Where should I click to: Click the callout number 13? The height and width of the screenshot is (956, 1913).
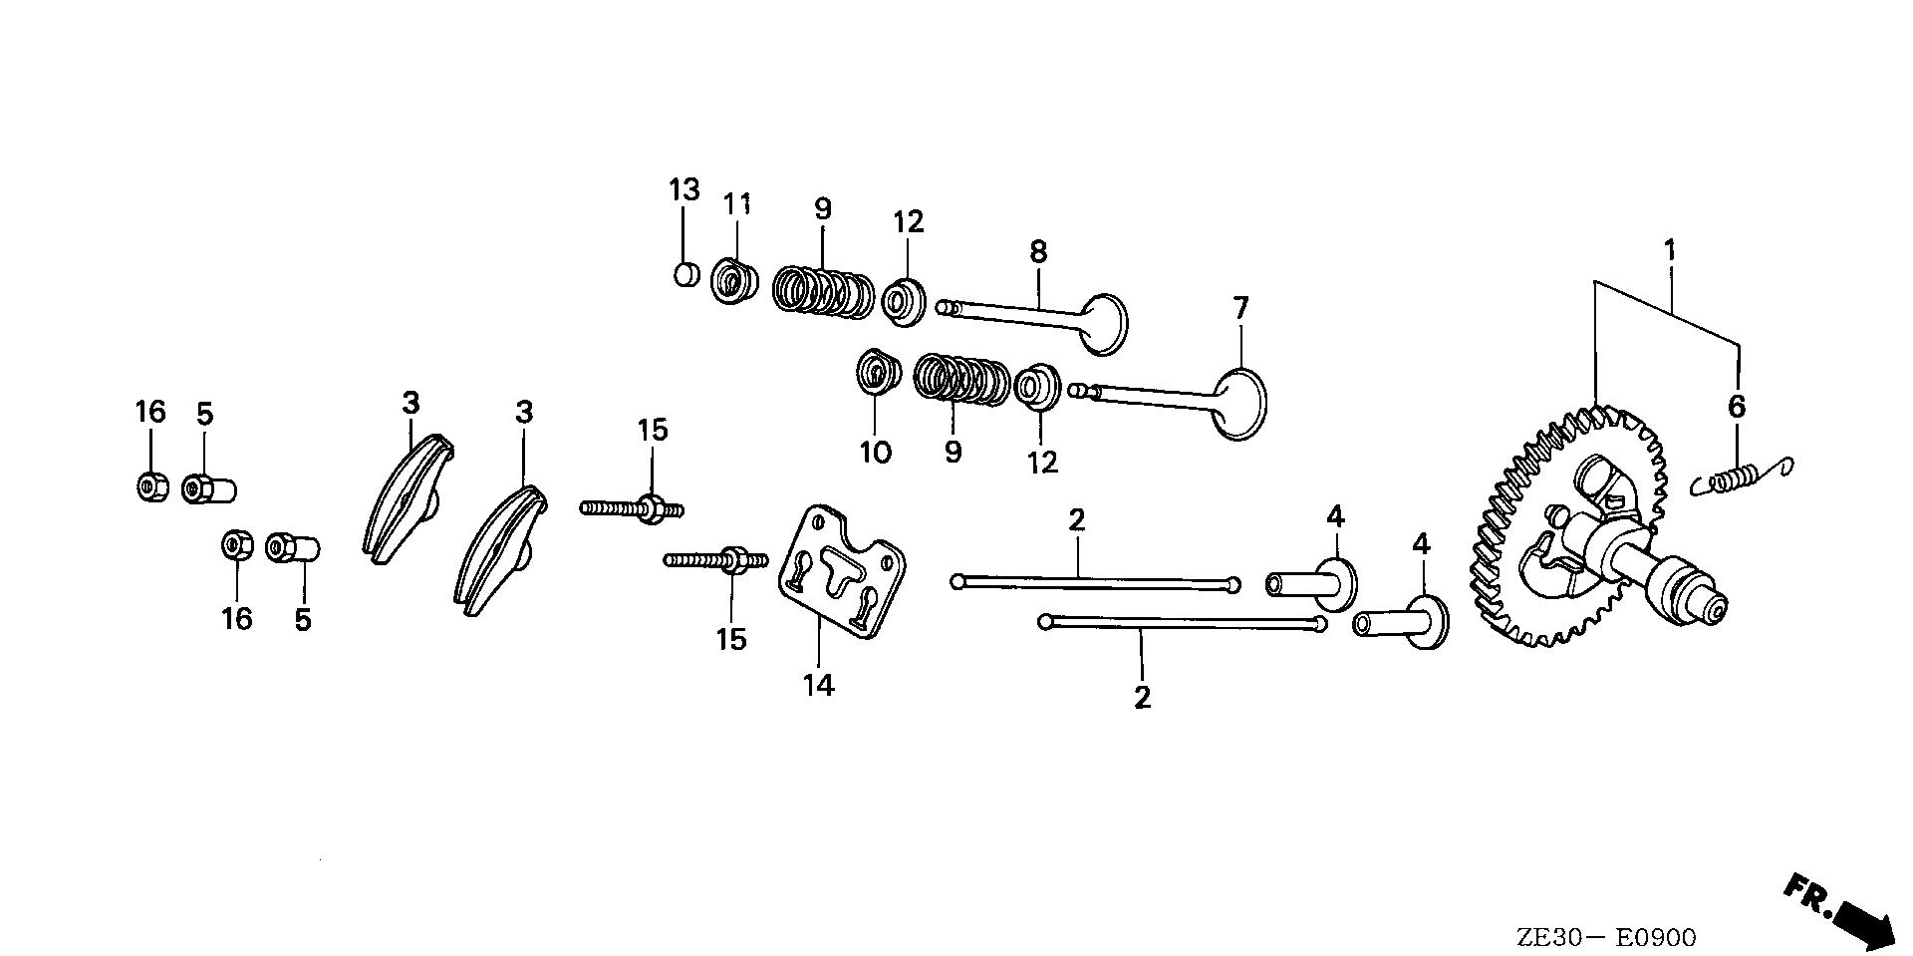coord(684,189)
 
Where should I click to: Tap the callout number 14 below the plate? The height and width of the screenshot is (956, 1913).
coord(819,685)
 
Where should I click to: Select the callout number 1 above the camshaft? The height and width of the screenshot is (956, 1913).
coord(1670,250)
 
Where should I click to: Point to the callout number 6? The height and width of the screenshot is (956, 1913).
coord(1737,406)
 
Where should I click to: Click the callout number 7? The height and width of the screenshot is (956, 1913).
coord(1240,309)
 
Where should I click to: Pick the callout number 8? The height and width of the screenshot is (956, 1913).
coord(1038,252)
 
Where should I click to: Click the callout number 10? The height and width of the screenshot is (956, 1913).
coord(875,453)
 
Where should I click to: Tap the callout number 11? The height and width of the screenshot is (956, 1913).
coord(736,204)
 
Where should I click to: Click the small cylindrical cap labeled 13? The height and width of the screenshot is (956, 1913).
coord(684,274)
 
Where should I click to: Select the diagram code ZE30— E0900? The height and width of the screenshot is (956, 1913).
coord(1605,937)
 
